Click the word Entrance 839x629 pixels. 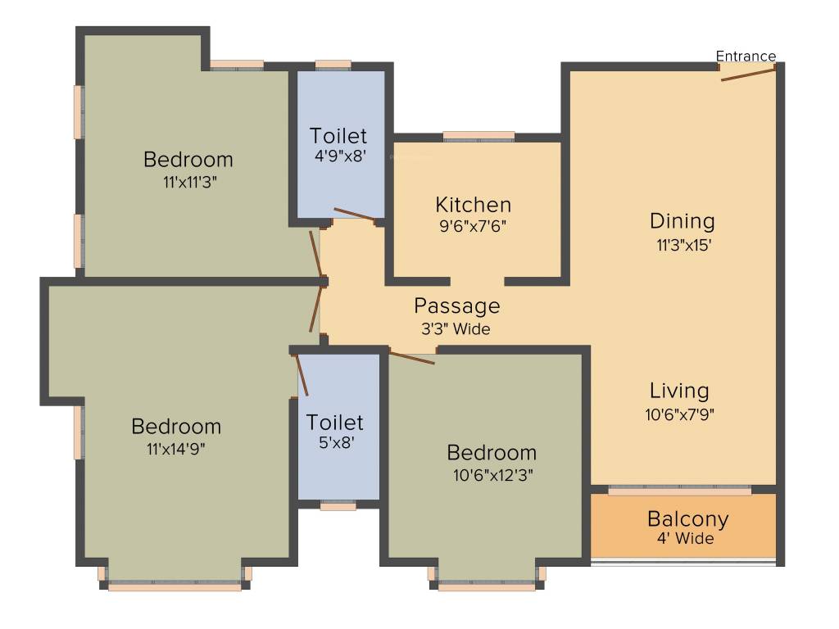(x=746, y=57)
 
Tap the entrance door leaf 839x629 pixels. (x=748, y=74)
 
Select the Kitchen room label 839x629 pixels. (x=473, y=205)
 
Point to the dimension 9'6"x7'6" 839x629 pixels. (x=473, y=227)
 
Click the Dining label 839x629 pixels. (x=682, y=221)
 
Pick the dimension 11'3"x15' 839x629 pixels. (x=682, y=243)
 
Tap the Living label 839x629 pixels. (x=679, y=391)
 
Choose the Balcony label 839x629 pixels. (x=687, y=519)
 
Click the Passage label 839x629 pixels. (x=456, y=306)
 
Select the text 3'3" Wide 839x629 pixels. (x=456, y=329)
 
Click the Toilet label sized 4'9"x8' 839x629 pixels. (x=338, y=136)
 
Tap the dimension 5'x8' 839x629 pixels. (x=335, y=446)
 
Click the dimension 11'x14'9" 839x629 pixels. (x=177, y=449)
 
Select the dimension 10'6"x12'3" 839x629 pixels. (x=492, y=474)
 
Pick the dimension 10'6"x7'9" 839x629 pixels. (x=679, y=414)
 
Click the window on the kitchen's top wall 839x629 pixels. (x=478, y=136)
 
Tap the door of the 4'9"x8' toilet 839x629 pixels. (x=355, y=215)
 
